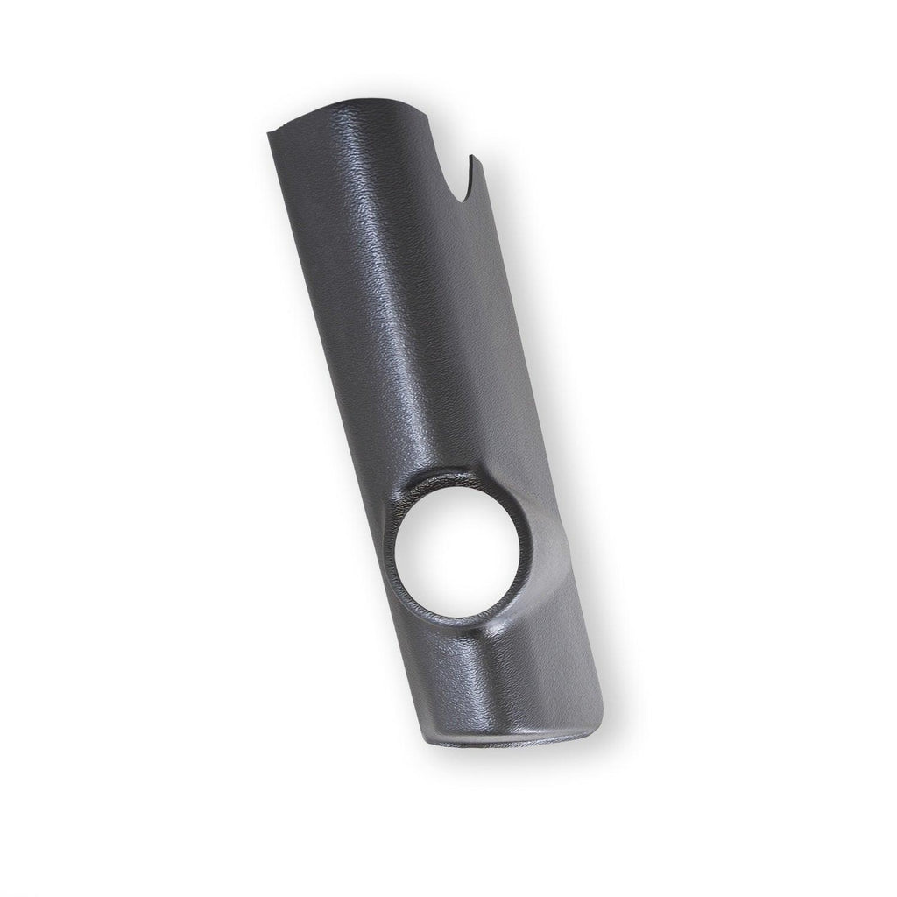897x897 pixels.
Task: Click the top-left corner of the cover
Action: pos(267,133)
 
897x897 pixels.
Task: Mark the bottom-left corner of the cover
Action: pos(429,743)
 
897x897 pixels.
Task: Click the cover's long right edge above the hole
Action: pos(508,350)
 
